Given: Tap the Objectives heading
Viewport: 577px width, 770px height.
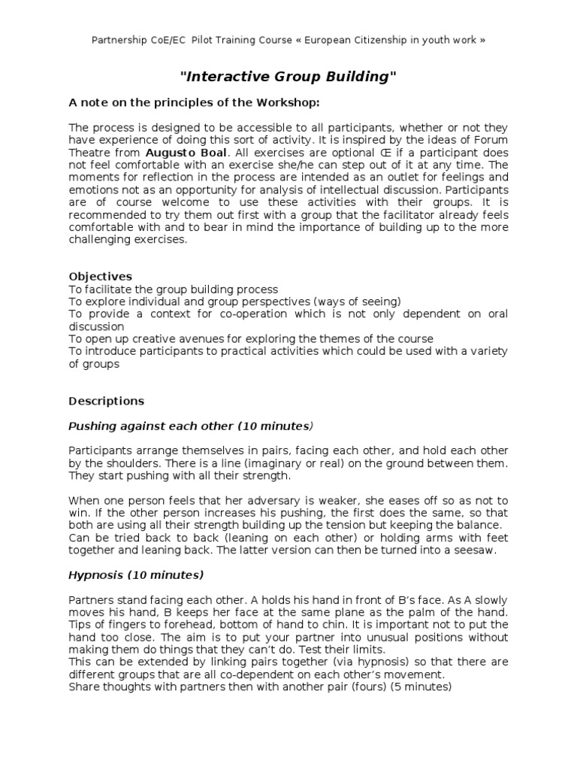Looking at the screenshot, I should coord(100,276).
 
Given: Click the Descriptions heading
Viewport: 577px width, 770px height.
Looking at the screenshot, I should coord(106,401).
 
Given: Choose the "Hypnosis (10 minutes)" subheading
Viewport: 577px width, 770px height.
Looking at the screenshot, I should coord(136,575).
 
